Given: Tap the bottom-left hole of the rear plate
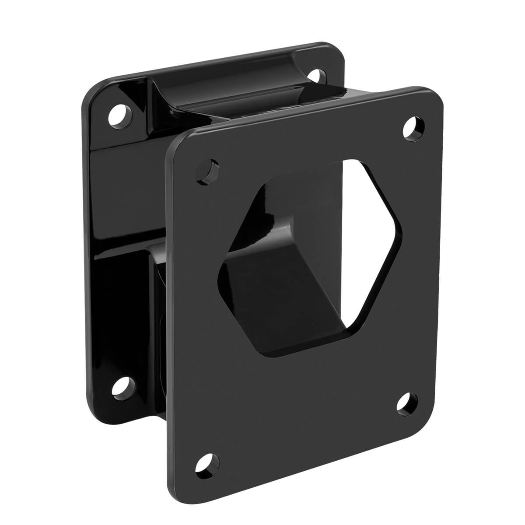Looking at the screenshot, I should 122,387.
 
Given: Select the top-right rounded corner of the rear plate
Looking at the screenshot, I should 335,50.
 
